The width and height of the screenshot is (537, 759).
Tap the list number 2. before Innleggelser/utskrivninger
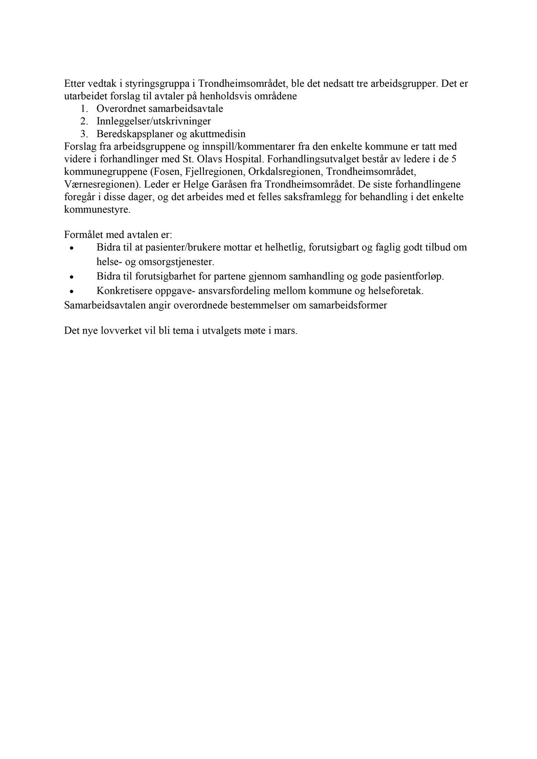click(x=84, y=121)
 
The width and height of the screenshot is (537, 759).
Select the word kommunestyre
click(x=97, y=209)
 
